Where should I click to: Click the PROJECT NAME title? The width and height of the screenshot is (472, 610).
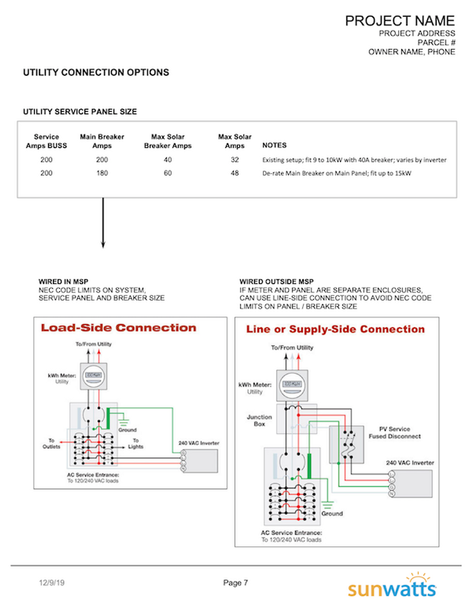(400, 21)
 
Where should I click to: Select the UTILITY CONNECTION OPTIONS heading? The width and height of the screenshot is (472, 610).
(96, 72)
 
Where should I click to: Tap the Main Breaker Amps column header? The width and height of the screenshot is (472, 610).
(102, 141)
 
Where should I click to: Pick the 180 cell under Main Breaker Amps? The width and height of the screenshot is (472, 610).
(102, 173)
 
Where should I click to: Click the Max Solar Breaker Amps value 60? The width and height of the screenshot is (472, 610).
(168, 173)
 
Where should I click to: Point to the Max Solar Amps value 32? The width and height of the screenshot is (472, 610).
(235, 160)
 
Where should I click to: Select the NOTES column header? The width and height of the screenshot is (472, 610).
(274, 145)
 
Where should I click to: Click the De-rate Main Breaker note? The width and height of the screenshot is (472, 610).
(336, 173)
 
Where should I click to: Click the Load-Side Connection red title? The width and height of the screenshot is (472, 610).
(118, 328)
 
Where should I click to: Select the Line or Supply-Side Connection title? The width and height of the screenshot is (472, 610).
(335, 329)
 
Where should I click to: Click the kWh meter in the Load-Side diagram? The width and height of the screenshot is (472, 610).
(93, 376)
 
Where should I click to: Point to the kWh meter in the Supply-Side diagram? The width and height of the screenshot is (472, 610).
(292, 385)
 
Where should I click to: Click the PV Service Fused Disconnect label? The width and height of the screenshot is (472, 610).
(394, 433)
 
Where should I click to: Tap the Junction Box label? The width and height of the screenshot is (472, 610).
(259, 420)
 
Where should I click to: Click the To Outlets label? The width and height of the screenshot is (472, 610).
(51, 444)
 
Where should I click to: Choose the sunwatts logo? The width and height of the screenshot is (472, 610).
(392, 586)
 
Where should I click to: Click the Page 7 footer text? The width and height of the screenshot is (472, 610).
(236, 583)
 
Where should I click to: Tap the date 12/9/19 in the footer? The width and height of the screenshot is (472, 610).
(51, 583)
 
